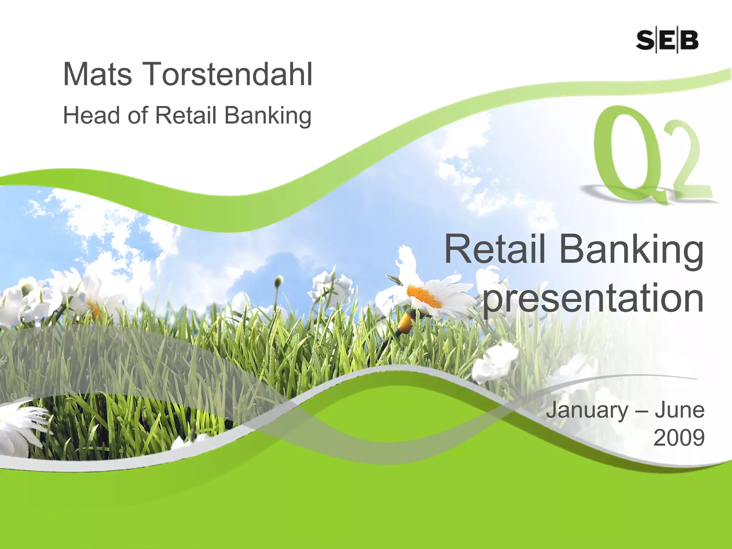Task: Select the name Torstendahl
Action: (x=228, y=74)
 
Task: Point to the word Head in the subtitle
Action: (x=91, y=115)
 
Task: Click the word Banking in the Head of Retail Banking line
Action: (x=268, y=116)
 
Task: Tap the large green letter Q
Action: (x=629, y=154)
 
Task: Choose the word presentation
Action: (x=593, y=298)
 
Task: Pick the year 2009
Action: (x=679, y=437)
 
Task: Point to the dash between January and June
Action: (x=641, y=411)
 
